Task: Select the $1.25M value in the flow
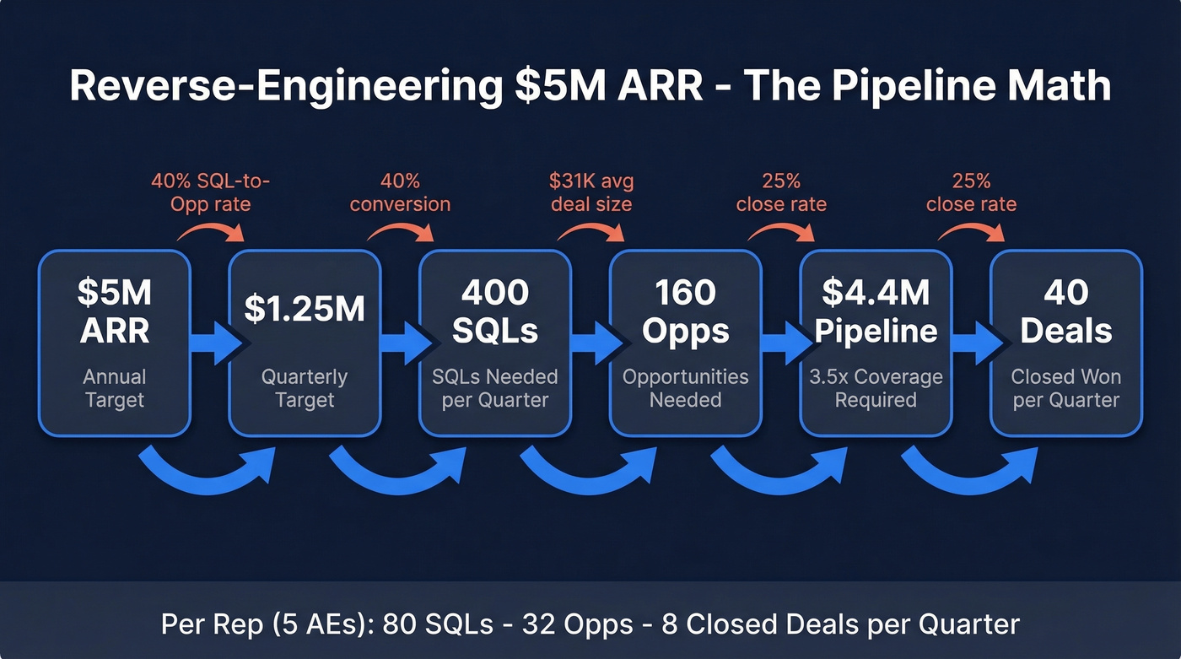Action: tap(305, 310)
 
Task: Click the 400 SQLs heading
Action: tap(495, 311)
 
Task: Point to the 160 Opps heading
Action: tap(685, 311)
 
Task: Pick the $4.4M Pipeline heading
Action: tap(876, 311)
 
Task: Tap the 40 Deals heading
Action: tap(1065, 311)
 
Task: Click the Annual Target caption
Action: tap(115, 387)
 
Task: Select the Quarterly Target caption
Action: tap(305, 387)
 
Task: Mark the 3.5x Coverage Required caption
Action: tap(876, 387)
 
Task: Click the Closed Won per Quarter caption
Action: tap(1065, 387)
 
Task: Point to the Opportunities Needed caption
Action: tap(685, 387)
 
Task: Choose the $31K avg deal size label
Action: tap(590, 192)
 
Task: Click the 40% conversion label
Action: tap(400, 192)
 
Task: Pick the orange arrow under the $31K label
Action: tap(590, 230)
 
